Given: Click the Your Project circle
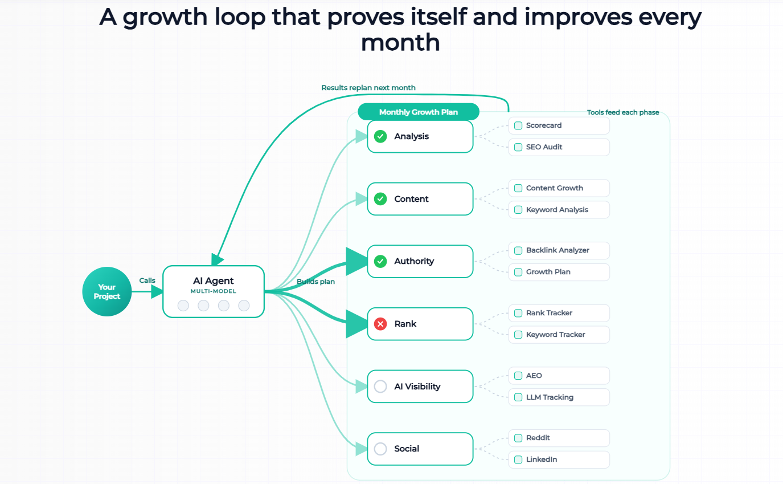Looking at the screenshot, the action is tap(107, 291).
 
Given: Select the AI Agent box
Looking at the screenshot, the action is tap(214, 291).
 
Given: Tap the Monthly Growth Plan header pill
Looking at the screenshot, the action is tap(419, 112).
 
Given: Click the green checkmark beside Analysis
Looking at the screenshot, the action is tap(380, 136).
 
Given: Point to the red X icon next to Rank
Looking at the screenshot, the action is tap(380, 324).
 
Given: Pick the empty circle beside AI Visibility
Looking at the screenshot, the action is tap(380, 387).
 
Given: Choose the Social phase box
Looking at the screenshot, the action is tap(420, 449).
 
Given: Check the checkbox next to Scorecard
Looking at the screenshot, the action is tap(518, 125).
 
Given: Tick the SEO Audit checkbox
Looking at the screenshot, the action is tap(518, 147).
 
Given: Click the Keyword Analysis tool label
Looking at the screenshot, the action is tap(557, 210).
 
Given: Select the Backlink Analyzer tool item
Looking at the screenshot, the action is tap(559, 250).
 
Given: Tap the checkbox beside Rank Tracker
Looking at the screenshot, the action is tap(518, 313).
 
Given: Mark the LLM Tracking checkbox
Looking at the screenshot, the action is tap(518, 397).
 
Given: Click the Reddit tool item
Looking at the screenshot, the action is tap(559, 438).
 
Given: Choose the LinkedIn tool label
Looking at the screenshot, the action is tap(542, 459).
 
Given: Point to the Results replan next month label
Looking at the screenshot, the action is tap(368, 87).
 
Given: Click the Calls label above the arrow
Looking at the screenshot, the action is tap(147, 280).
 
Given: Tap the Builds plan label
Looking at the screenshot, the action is tap(315, 282).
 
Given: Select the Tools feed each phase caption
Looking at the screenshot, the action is tap(623, 112).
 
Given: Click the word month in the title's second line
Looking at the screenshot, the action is tap(400, 42).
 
